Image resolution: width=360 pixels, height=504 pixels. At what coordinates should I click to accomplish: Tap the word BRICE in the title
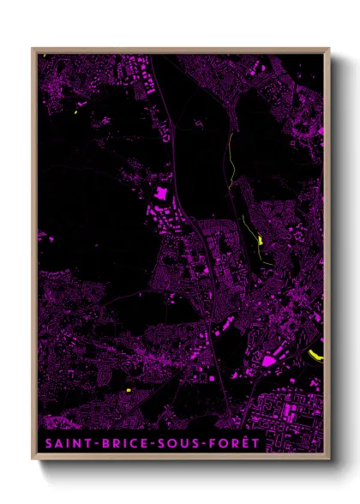tap(125, 443)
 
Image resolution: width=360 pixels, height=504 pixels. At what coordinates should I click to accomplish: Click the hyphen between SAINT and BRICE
tap(96, 444)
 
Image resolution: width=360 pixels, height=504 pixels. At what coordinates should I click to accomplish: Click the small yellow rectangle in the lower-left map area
tap(128, 391)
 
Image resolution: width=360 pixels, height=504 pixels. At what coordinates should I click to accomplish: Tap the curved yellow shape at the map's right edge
tap(315, 353)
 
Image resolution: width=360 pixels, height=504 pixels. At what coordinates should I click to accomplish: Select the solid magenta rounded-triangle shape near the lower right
tap(269, 361)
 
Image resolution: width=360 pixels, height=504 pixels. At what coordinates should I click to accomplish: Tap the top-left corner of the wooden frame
tap(33, 49)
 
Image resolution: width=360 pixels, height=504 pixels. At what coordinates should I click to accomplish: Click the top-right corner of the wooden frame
tap(328, 49)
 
